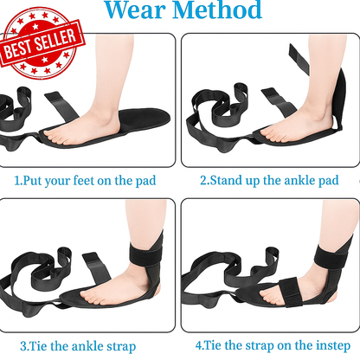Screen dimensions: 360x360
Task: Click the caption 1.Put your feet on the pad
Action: [87, 182]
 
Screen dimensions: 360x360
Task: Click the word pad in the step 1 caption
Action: [145, 182]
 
